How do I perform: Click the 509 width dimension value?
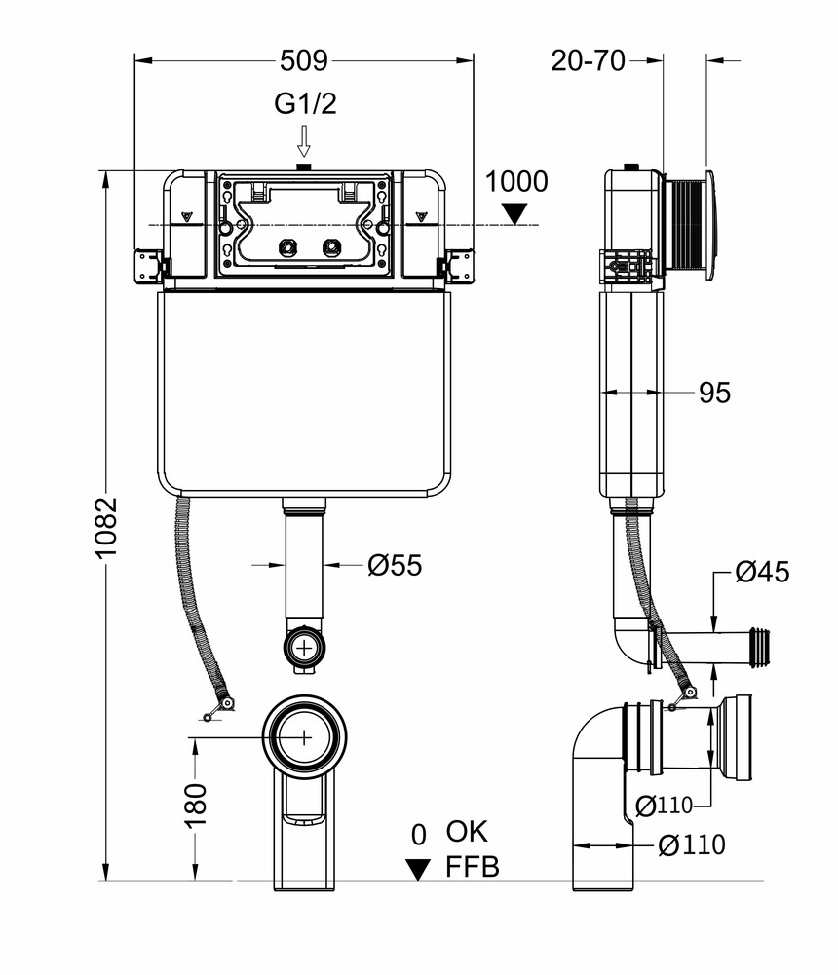pos(304,60)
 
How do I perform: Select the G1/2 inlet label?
pos(304,104)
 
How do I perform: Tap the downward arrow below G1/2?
pos(304,141)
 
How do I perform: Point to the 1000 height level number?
pos(516,182)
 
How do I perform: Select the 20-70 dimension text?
pos(588,60)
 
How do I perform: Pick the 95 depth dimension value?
pos(714,393)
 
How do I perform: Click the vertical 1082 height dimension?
pos(106,527)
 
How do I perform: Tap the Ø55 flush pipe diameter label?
pos(395,565)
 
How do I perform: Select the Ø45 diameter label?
pos(762,573)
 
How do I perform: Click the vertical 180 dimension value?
pos(196,805)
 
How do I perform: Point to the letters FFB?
pos(473,866)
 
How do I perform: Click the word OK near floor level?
pos(467,832)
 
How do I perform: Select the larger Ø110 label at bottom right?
pos(692,845)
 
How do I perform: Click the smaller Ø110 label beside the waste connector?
pos(664,805)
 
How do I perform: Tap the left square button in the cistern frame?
pos(287,246)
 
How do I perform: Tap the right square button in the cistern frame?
pos(332,246)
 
